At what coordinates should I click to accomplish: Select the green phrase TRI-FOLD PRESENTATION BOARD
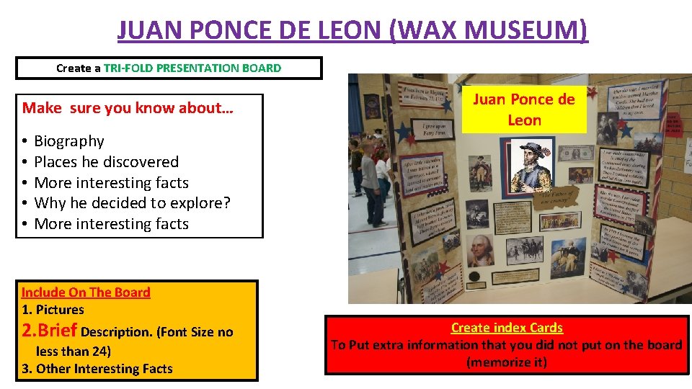click(192, 68)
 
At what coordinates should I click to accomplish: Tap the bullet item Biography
click(69, 141)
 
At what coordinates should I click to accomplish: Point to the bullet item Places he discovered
click(106, 162)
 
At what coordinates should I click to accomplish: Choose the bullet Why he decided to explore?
click(132, 203)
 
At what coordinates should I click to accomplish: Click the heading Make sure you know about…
click(128, 108)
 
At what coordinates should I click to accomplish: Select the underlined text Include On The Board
click(86, 292)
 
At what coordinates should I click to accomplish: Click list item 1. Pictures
click(53, 310)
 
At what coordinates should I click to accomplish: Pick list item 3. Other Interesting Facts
click(97, 369)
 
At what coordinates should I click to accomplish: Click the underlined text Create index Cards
click(507, 328)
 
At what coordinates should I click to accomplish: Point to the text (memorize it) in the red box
click(507, 362)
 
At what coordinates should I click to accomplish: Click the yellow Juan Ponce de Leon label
click(524, 109)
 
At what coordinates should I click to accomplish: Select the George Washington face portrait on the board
click(479, 249)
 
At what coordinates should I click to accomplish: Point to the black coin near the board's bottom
click(474, 277)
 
